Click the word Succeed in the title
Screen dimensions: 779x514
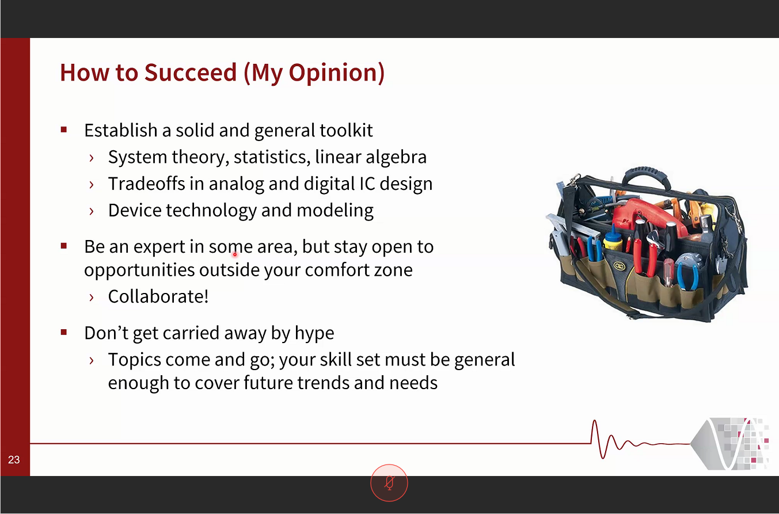[191, 73]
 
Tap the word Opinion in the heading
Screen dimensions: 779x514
[337, 74]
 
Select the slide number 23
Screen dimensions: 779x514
[14, 460]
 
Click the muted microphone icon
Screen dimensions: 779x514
[389, 483]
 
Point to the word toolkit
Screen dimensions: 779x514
[346, 130]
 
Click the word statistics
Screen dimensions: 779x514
[272, 157]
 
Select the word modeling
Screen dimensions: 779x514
[335, 211]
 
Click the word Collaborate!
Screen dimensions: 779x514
[158, 296]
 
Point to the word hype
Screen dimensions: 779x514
[314, 333]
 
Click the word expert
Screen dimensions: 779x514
[159, 248]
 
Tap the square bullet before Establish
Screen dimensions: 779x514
[64, 130]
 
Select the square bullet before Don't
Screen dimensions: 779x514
[64, 333]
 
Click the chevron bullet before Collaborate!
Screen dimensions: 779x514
[92, 298]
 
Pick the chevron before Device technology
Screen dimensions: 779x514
[92, 211]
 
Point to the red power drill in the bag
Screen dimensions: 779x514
[646, 215]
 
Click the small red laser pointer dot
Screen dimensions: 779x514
[235, 254]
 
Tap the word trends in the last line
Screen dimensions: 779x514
[323, 383]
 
